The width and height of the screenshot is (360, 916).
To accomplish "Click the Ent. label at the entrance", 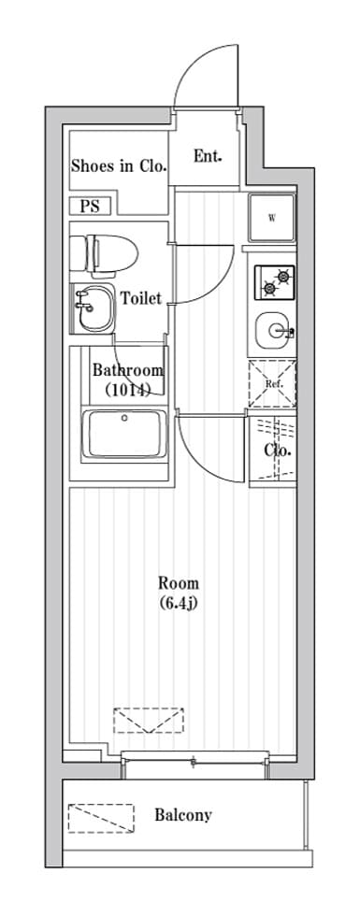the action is [x=208, y=156].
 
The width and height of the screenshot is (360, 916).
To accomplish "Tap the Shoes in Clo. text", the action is [x=120, y=166].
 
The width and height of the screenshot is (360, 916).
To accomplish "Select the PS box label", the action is [x=90, y=207].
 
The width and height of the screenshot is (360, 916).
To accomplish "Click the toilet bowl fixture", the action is [x=104, y=254].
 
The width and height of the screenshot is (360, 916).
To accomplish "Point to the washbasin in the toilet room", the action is [x=94, y=308].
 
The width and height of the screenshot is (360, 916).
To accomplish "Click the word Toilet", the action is [x=141, y=298].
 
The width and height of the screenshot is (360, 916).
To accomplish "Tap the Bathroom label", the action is [x=129, y=370].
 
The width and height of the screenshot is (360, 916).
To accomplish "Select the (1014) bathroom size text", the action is [x=128, y=389].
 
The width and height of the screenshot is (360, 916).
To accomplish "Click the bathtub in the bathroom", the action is [x=124, y=435].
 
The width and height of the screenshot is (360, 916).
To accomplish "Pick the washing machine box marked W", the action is [x=272, y=218].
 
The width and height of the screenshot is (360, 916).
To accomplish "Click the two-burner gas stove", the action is [x=275, y=281].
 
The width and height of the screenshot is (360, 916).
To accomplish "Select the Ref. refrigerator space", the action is [x=272, y=384].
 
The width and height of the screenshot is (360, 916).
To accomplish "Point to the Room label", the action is [x=179, y=582].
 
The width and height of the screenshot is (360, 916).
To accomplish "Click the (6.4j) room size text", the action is [x=179, y=602].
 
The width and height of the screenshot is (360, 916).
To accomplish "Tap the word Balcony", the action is [x=183, y=814].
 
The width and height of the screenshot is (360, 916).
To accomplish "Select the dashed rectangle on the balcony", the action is [x=101, y=818].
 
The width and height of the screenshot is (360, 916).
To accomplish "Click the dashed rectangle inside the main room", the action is [x=149, y=721].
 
